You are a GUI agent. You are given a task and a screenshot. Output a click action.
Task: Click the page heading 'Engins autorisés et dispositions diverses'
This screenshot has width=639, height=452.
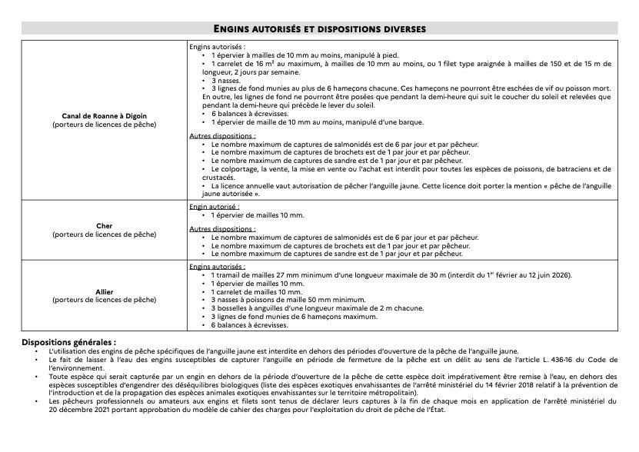click(x=320, y=28)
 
